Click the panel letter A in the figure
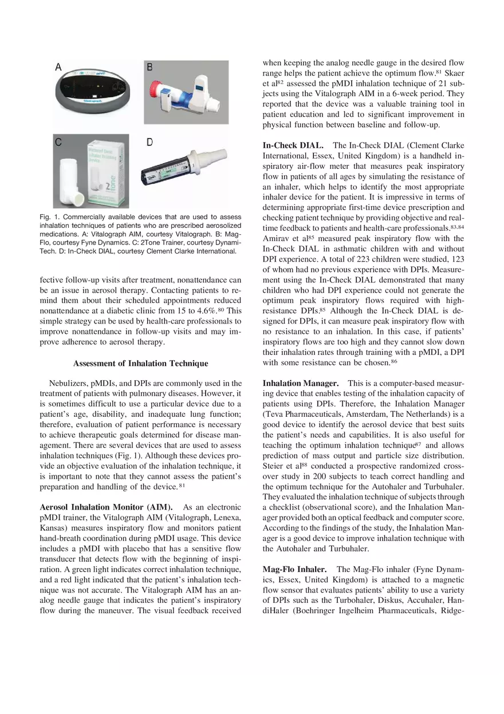coord(58,67)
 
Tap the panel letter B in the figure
coord(150,67)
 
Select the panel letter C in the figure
coord(58,143)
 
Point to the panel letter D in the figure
coord(150,142)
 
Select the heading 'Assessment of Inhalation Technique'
coord(140,363)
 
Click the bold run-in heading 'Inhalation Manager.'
coord(301,382)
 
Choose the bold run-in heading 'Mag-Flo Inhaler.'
coord(294,569)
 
